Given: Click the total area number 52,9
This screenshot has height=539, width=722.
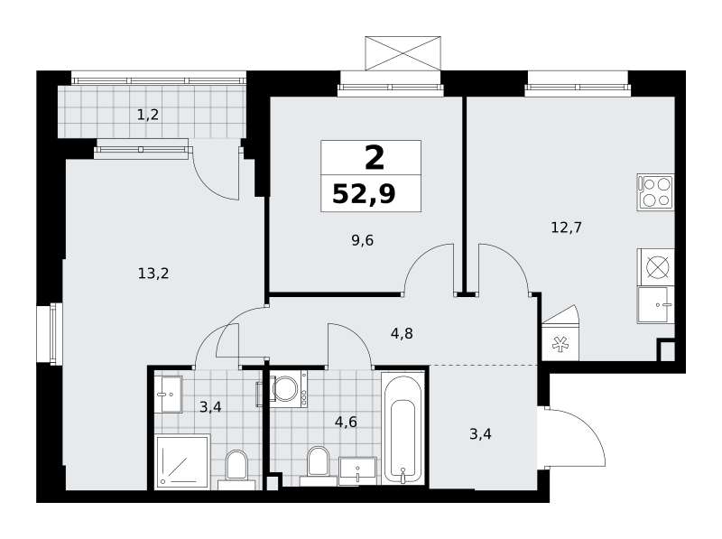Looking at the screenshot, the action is pos(364,193).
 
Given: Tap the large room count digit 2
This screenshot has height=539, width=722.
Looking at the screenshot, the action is pos(375,158).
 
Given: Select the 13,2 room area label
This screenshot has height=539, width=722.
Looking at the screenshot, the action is pos(153,274).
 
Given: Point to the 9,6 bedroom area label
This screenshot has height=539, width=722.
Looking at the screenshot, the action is pos(363,240).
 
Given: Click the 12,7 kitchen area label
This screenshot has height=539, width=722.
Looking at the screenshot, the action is pos(567,228).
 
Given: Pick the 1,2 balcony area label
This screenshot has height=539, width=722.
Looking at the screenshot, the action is pos(148,115).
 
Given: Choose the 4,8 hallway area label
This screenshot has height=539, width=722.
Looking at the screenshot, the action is pos(402,333).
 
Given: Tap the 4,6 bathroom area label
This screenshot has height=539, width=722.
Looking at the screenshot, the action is pos(346,422).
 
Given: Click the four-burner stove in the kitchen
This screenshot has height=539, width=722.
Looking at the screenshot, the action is pos(656,192).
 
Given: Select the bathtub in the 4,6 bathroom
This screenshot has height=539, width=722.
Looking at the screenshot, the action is pos(403,429).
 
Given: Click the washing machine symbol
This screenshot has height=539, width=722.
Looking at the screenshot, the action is pos(289,389).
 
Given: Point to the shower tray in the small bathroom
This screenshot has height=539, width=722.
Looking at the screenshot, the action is pos(182,461).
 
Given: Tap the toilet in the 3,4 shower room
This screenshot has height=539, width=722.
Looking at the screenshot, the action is pos(236,469).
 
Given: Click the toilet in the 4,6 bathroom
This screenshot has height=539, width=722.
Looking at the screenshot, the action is pos(319,466).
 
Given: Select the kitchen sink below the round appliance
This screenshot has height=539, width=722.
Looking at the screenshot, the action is pos(656,304).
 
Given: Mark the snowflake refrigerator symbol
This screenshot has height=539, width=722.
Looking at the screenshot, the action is pos(560,344).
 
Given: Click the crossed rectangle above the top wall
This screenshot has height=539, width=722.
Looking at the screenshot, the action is pos(403,53).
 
